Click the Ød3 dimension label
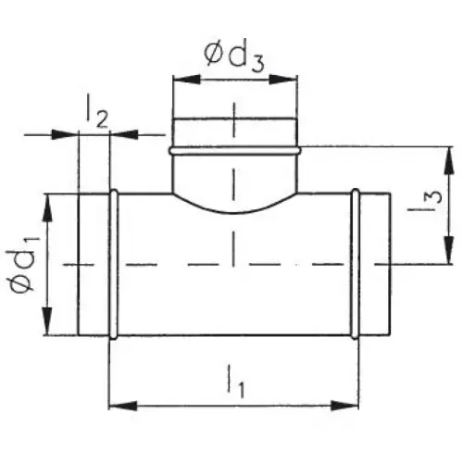234,57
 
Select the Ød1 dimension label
23,264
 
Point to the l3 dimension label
425,201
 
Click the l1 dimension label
236,382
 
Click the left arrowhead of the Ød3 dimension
186,80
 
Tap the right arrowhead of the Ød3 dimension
282,80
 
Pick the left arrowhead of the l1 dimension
123,406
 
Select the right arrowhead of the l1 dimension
344,406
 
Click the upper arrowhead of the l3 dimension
449,161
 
